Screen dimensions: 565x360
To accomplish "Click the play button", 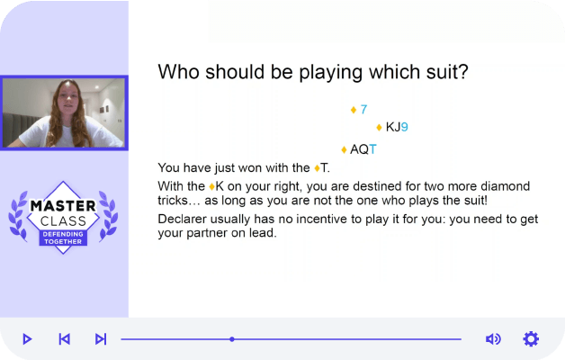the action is tap(27, 339).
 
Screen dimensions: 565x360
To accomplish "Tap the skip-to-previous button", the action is tap(64, 339).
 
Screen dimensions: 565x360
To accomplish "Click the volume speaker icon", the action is tap(493, 339).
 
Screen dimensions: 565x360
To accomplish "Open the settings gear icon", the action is tap(531, 339).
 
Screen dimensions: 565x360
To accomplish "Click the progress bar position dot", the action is tap(232, 339).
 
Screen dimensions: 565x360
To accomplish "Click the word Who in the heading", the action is tap(178, 72).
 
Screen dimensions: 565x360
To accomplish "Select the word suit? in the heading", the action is tap(447, 72).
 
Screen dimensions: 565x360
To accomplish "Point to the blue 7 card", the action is tap(363, 109).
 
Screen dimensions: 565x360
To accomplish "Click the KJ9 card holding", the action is tap(397, 127).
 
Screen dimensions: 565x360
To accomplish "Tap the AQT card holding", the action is tap(363, 149).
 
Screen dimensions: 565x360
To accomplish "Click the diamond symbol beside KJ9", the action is tap(379, 128).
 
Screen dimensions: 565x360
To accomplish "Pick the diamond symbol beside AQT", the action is tap(344, 149).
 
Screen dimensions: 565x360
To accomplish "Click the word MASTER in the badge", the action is tap(63, 206).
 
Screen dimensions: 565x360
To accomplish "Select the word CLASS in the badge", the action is tap(63, 220).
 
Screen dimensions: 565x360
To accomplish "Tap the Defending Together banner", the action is tap(63, 238).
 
